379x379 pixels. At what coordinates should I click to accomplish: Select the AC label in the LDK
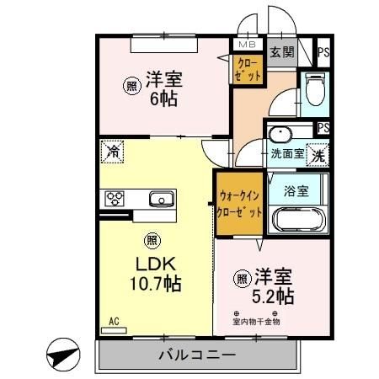point(114,320)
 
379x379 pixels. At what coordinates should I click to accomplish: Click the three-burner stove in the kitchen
point(115,199)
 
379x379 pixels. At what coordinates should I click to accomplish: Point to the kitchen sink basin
point(162,199)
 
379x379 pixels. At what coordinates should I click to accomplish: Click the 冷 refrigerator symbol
point(112,152)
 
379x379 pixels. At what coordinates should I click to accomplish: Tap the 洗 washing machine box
point(318,155)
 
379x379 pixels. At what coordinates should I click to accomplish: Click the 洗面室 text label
point(286,154)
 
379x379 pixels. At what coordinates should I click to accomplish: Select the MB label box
point(247,45)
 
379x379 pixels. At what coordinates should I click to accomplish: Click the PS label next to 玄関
point(323,51)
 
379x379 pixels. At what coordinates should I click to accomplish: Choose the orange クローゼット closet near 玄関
point(248,70)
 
